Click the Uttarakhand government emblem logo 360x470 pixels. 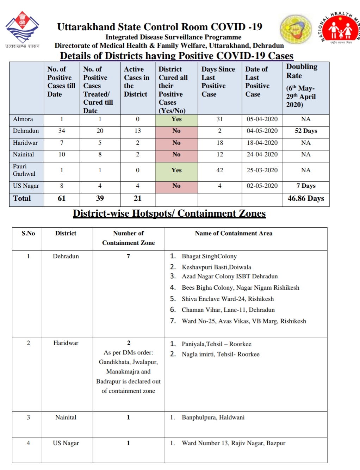tap(22, 28)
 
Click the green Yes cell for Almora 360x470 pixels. tap(176, 119)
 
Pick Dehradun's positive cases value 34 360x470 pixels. tap(62, 131)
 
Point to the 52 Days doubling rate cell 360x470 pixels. tap(306, 131)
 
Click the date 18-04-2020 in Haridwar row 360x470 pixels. tap(262, 143)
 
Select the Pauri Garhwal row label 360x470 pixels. tap(24, 170)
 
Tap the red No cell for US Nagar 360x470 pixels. tap(176, 186)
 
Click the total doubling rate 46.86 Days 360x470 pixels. tap(306, 198)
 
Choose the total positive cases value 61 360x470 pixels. tap(62, 198)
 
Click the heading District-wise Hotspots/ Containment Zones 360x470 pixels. tap(169, 214)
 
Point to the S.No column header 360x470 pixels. tap(28, 233)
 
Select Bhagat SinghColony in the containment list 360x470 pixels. tap(209, 256)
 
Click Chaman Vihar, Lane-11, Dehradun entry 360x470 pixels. tap(228, 310)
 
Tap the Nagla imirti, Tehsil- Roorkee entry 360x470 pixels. tap(221, 354)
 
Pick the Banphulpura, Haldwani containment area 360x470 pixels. tap(213, 418)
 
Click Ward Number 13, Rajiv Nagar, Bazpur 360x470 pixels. tap(233, 443)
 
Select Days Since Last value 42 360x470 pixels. tap(219, 171)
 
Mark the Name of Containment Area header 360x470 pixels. tap(234, 233)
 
